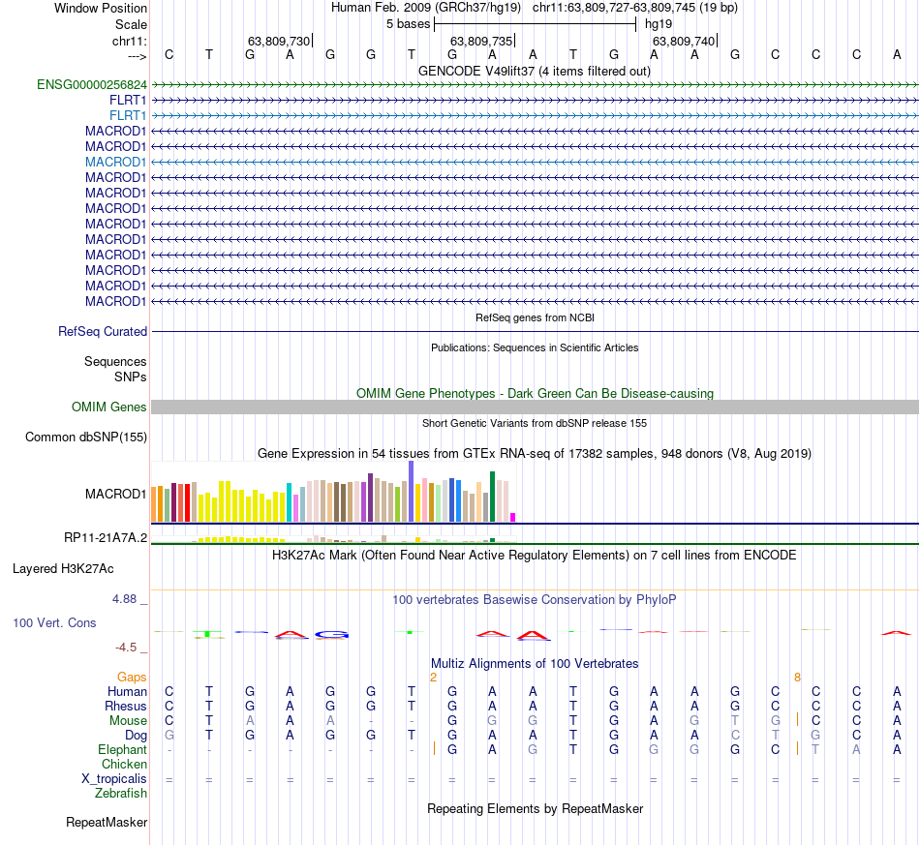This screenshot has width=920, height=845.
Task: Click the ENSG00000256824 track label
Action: point(92,85)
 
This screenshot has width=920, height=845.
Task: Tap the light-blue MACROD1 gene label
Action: point(115,163)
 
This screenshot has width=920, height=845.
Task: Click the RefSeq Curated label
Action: point(103,332)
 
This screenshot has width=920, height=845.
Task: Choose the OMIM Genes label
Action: point(109,407)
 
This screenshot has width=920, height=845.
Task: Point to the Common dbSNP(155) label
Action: point(86,438)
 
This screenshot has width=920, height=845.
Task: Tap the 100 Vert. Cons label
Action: point(54,623)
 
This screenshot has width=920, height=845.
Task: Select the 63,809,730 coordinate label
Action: point(279,42)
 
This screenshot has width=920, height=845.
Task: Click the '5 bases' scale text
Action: point(408,23)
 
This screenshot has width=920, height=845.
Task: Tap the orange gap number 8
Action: point(797,678)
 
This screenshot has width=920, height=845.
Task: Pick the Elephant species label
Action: point(122,750)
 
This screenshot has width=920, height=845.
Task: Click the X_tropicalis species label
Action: point(114,779)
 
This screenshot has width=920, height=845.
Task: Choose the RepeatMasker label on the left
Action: point(107,823)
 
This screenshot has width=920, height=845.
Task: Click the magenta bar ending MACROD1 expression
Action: point(513,517)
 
